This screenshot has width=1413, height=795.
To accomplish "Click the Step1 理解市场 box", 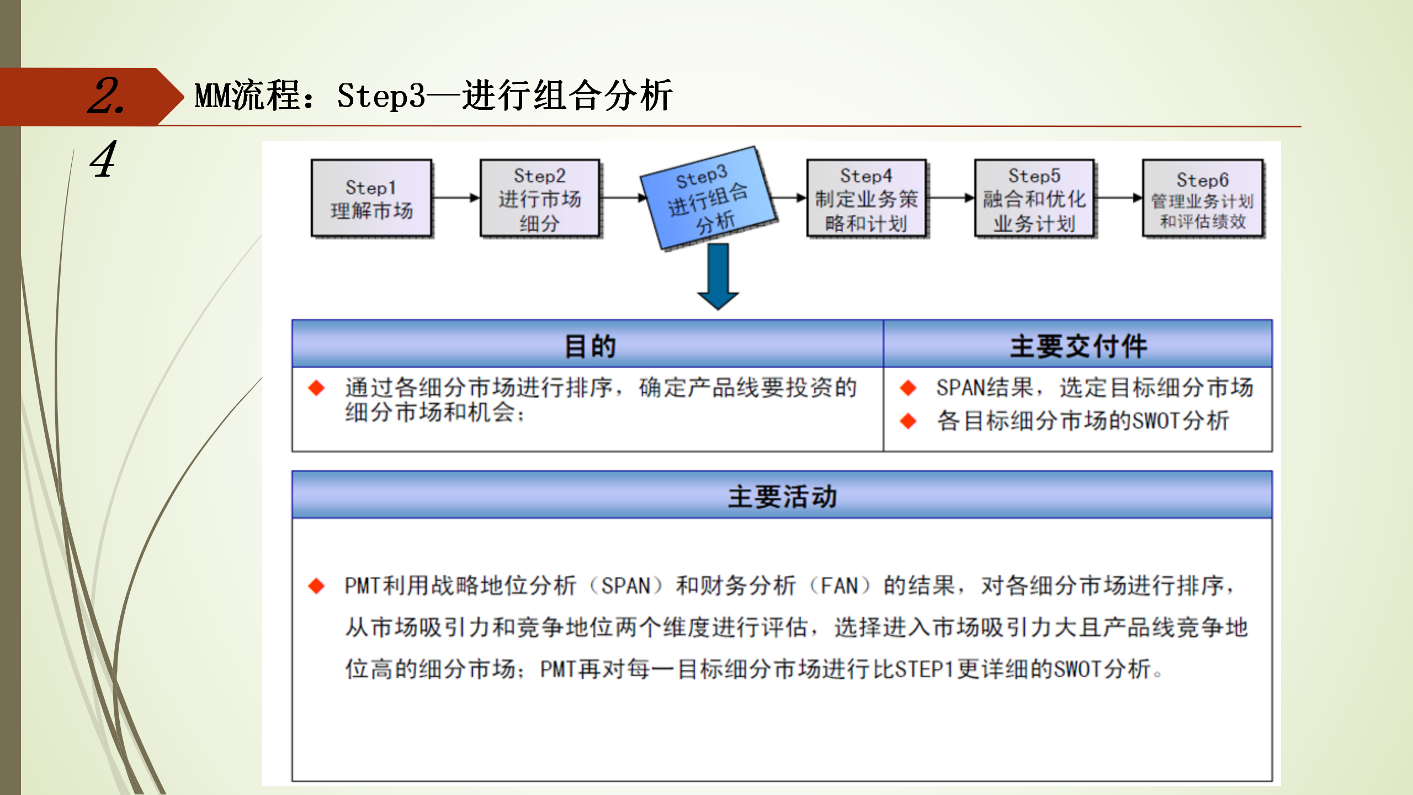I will [x=371, y=199].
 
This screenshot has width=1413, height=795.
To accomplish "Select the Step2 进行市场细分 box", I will [x=540, y=199].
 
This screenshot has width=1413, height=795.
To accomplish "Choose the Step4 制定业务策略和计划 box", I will [x=867, y=199].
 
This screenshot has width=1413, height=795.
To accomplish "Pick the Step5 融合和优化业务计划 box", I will [x=1034, y=199].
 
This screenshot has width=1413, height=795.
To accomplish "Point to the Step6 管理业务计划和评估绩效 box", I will [x=1203, y=199].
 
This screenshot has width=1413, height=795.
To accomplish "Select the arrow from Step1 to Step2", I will [x=456, y=198].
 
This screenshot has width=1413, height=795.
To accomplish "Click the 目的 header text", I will [x=590, y=346].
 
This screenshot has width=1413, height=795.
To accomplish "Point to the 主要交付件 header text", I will [x=1078, y=346].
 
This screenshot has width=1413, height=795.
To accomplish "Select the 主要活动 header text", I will [x=782, y=496].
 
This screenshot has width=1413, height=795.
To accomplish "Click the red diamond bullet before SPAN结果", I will [x=908, y=388].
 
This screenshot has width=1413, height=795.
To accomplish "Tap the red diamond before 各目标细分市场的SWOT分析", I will [x=908, y=421].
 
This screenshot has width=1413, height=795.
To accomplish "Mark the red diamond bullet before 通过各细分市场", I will [x=316, y=388].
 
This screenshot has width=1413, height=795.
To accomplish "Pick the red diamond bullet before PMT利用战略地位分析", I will [x=316, y=586].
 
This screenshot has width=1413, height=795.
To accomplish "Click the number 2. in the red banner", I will [x=106, y=97].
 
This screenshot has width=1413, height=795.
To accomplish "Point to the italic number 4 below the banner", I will [x=104, y=160].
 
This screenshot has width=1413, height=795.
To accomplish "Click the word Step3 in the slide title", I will [x=381, y=96].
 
